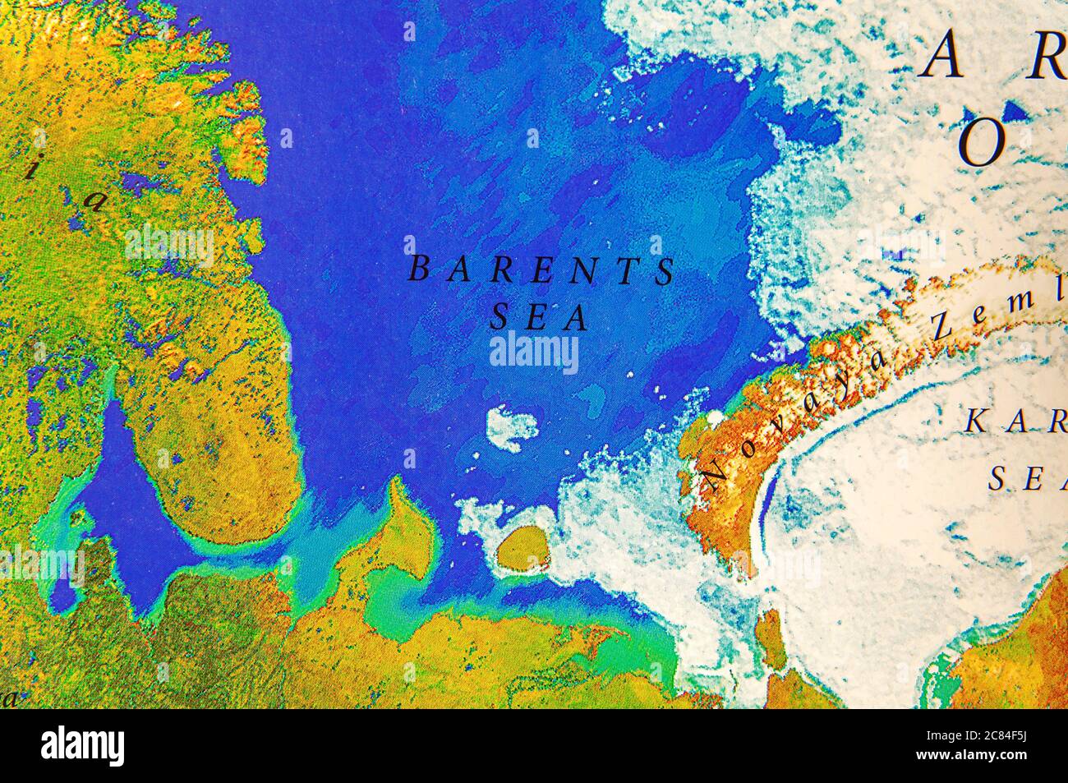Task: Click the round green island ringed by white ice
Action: click(x=524, y=548)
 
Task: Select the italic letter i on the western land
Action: click(x=30, y=168)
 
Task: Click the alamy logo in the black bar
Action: click(x=83, y=746)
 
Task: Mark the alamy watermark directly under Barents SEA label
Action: click(x=534, y=352)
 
